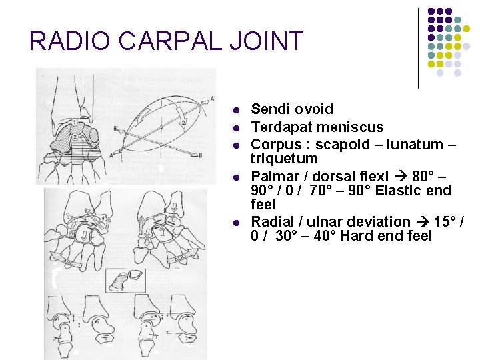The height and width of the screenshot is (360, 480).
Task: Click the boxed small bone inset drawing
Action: point(127,280)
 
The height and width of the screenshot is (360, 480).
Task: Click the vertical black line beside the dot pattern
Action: point(419,48)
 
